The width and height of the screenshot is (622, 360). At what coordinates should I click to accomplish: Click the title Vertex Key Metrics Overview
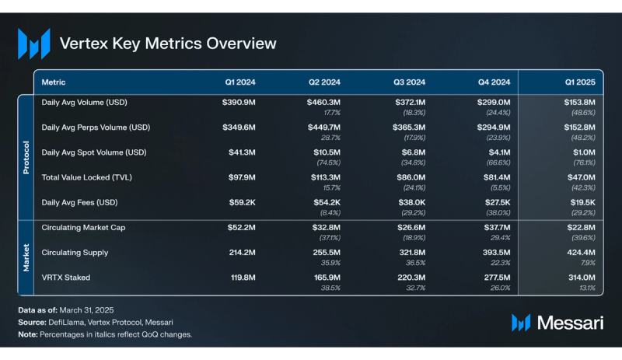click(167, 44)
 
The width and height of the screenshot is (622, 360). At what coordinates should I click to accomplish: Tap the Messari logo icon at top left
click(34, 44)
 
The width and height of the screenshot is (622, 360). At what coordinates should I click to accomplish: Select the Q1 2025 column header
click(579, 82)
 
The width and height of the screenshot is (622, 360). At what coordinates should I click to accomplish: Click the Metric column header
click(53, 82)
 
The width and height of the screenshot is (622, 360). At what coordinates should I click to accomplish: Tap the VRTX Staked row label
click(66, 278)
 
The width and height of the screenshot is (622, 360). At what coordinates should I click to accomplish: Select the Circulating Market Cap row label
click(83, 228)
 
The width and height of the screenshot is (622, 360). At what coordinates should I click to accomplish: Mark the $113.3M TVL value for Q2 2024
click(323, 177)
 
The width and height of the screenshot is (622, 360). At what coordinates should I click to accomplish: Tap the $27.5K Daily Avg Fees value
click(494, 202)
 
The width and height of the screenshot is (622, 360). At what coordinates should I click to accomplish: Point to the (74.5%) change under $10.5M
click(327, 163)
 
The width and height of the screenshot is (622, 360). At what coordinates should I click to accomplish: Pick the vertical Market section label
click(25, 257)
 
